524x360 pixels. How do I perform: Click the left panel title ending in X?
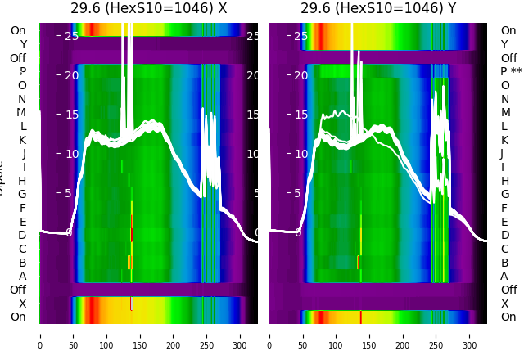click(148, 9)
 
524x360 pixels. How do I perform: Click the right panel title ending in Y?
click(378, 9)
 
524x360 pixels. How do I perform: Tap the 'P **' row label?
click(511, 72)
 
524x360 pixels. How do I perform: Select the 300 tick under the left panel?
click(240, 345)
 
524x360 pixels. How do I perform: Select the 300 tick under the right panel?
click(470, 345)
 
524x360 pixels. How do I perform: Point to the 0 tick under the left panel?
click(39, 345)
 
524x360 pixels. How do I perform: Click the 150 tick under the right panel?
click(369, 345)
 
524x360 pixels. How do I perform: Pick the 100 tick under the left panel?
click(106, 345)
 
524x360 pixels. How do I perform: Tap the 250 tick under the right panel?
click(436, 345)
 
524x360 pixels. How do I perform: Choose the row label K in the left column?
click(23, 140)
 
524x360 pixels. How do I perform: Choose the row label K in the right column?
click(504, 140)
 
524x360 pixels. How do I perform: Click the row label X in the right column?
click(504, 304)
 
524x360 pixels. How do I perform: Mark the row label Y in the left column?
click(23, 44)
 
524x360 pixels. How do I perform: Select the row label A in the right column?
click(504, 277)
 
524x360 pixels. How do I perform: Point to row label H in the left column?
click(23, 181)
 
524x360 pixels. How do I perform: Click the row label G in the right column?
click(504, 195)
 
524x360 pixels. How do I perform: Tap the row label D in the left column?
click(23, 236)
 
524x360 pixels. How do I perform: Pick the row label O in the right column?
click(505, 85)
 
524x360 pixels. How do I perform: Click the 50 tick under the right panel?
click(302, 345)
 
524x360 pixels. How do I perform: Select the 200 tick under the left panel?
click(174, 345)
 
